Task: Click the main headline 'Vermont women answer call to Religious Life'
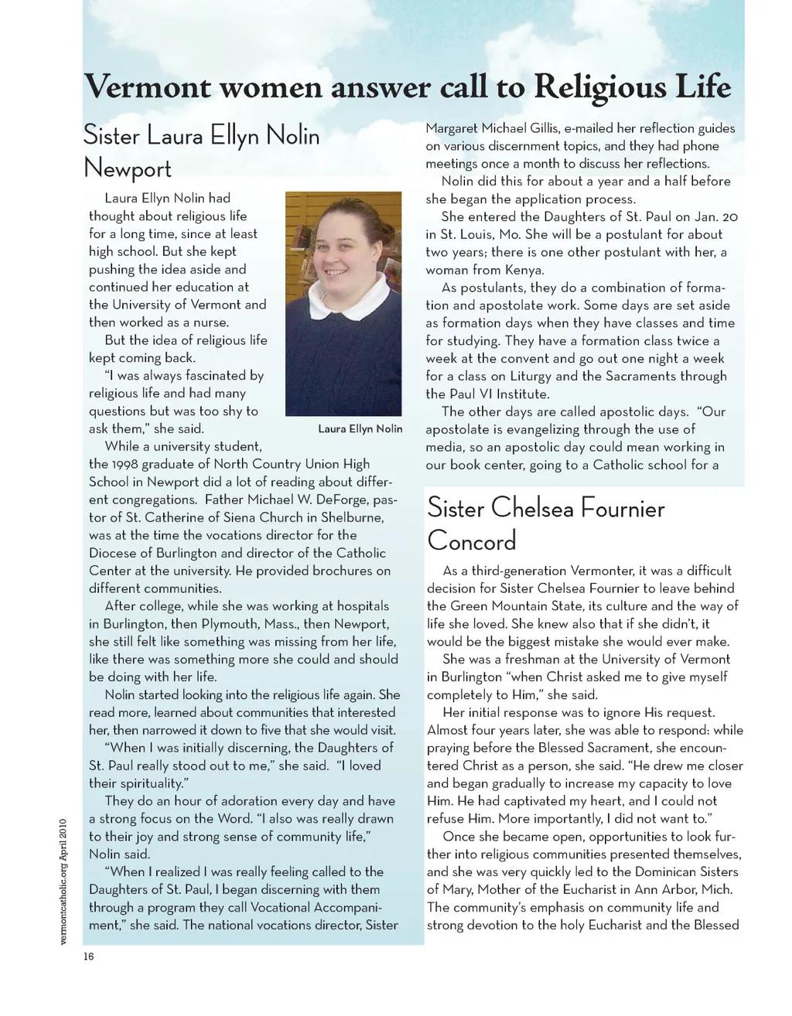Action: pos(407,87)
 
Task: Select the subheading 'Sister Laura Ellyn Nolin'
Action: pos(201,136)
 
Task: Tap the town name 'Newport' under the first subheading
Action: pos(127,168)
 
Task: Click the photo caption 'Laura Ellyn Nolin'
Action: pos(360,428)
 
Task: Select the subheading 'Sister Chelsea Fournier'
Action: pos(545,508)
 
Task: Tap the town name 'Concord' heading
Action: pos(471,540)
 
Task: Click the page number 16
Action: pos(88,956)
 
